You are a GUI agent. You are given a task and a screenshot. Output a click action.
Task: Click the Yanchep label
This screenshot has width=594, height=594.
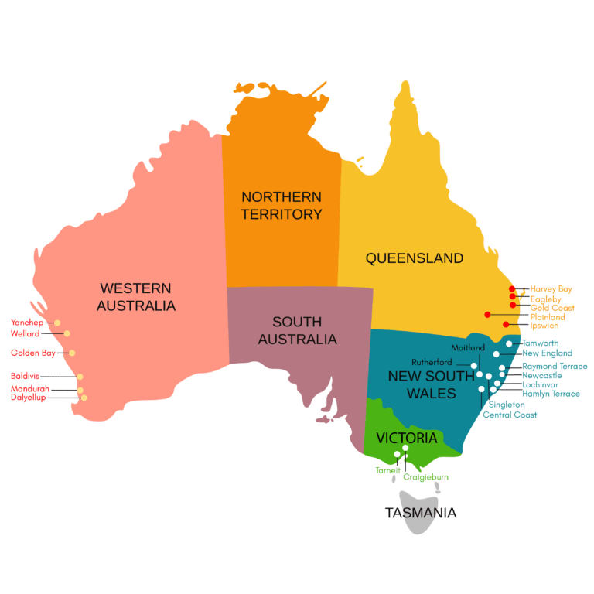point(27,323)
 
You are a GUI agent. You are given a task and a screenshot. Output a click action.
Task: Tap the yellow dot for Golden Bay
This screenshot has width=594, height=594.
point(72,353)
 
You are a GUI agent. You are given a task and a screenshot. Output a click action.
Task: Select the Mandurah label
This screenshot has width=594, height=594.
point(30,389)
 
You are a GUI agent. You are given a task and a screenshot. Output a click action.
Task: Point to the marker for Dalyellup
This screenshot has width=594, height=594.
point(84,398)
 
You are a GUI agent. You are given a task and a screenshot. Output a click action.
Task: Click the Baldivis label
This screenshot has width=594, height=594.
point(26,377)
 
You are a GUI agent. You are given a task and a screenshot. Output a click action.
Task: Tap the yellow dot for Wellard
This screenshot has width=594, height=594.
point(67,333)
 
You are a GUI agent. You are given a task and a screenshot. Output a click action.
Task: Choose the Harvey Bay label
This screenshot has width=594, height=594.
point(551,289)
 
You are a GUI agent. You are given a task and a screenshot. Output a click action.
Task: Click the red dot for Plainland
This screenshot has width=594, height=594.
point(487,314)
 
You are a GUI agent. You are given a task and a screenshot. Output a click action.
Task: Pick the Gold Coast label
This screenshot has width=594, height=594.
point(552,308)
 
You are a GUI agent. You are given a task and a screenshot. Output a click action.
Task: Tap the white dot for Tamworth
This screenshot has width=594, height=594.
point(509,343)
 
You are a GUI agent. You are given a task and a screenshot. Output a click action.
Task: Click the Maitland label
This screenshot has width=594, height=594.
point(473,347)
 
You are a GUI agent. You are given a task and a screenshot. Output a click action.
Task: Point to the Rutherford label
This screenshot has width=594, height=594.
point(432,361)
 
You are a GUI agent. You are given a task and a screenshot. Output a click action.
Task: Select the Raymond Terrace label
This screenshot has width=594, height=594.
point(555,366)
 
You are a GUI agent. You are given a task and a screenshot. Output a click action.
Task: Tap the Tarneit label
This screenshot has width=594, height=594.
point(387,469)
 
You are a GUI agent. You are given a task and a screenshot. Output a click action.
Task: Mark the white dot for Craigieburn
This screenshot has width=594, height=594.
point(405,448)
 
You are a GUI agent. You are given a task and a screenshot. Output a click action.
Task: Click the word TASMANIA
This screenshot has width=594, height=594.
point(421,512)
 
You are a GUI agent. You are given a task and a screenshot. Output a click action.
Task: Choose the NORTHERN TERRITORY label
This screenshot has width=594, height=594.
point(282,206)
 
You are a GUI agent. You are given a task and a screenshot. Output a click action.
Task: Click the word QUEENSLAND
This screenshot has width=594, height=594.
point(415,258)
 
